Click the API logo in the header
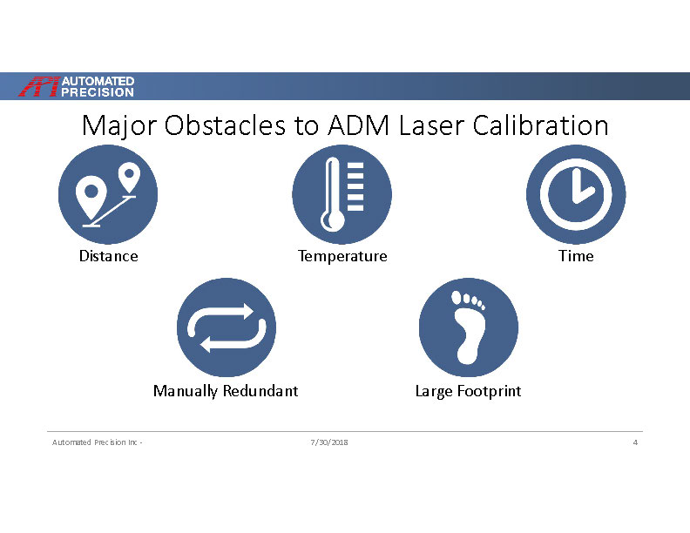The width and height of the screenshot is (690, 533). pos(78,86)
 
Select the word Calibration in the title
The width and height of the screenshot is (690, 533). pos(540,125)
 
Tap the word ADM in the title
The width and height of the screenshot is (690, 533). pos(358,125)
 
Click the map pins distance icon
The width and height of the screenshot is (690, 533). pos(108,194)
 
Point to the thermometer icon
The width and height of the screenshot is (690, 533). pos(342,194)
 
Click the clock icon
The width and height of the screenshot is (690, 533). pos(576,194)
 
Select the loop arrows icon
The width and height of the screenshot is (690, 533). pos(227,327)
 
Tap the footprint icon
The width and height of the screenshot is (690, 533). pos(469,327)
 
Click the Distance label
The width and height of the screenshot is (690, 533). pos(108,256)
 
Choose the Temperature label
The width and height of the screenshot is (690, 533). pos(342,256)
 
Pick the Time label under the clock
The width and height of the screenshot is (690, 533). pos(576,256)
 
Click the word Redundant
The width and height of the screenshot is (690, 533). pos(260,391)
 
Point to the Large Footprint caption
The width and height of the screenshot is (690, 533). pos(468,391)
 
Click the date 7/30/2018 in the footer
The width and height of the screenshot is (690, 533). pos(329,443)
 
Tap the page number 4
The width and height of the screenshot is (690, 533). pos(635,443)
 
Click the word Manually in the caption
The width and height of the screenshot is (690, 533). pos(186,391)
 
